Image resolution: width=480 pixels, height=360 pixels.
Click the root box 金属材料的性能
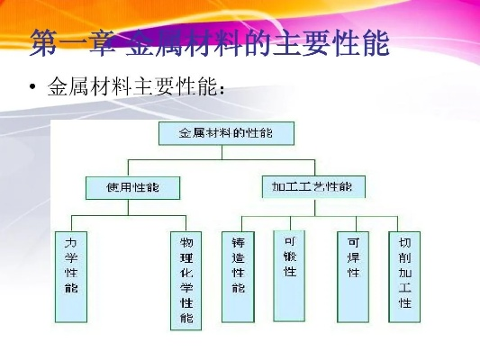[x=226, y=133]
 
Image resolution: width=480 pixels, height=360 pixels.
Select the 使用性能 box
[x=132, y=188]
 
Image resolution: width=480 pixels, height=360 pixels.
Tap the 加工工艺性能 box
[x=313, y=186]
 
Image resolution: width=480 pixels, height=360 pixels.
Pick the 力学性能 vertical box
[x=71, y=277]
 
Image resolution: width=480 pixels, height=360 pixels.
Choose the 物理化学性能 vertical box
[x=186, y=281]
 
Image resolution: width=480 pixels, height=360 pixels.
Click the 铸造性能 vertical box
[x=238, y=277]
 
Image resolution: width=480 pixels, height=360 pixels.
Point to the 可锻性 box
[x=289, y=276]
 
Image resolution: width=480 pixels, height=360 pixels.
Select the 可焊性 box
[x=353, y=277]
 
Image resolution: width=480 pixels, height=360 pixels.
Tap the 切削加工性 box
[x=404, y=277]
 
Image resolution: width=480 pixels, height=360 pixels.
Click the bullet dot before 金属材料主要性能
[x=32, y=87]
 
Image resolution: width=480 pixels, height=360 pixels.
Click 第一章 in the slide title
[x=73, y=43]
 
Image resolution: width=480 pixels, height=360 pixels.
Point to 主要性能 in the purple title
[x=331, y=43]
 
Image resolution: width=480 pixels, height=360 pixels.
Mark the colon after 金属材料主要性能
[x=222, y=89]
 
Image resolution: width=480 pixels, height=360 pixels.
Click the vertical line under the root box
[x=222, y=152]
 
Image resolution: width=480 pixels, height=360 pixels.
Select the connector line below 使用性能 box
[x=128, y=207]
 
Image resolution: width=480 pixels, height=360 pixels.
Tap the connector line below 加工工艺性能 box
[x=314, y=207]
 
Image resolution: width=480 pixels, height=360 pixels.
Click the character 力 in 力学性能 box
[x=71, y=243]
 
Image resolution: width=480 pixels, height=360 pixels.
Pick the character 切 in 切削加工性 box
[x=404, y=243]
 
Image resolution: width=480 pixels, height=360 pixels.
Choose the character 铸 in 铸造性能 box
[x=238, y=243]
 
